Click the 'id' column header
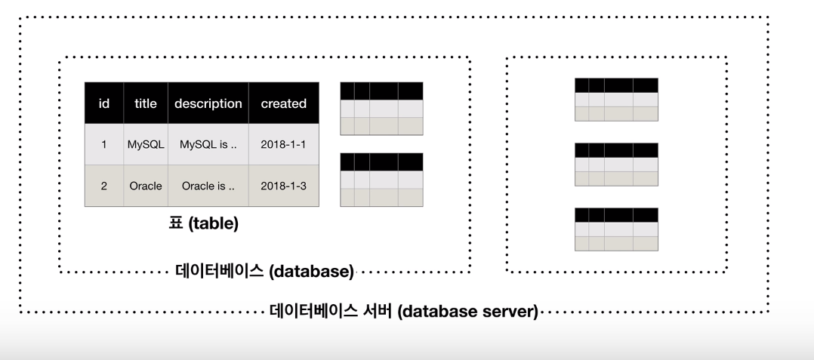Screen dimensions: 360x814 [x=104, y=103]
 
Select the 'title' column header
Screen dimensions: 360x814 [x=146, y=103]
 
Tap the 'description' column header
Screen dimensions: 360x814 [x=208, y=103]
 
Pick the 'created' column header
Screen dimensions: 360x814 [x=284, y=103]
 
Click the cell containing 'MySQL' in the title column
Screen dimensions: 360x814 [x=146, y=144]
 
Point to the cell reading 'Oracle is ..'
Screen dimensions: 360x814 [x=208, y=186]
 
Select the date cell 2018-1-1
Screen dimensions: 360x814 [x=284, y=144]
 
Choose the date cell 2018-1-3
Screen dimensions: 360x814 [x=284, y=186]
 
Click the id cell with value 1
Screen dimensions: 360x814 [x=104, y=144]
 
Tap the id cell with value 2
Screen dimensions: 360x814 [x=104, y=186]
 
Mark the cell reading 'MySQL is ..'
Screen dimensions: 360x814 [x=208, y=144]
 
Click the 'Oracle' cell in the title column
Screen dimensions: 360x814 [x=146, y=186]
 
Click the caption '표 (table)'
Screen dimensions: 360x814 [x=203, y=223]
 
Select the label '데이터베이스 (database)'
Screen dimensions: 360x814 [x=264, y=271]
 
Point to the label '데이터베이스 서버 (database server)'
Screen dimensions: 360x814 [x=403, y=311]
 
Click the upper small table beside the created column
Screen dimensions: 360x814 [x=381, y=109]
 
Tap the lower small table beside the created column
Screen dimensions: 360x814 [x=381, y=180]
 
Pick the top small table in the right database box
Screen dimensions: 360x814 [x=616, y=99]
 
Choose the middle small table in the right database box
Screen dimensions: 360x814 [x=616, y=164]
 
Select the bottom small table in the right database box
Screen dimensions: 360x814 [x=616, y=229]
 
